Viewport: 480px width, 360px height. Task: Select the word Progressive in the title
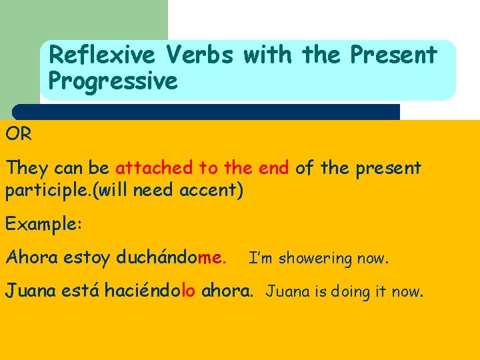(113, 81)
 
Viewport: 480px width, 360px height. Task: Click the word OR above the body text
(19, 134)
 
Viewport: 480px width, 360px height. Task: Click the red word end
(273, 168)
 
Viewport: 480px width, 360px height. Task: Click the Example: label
(43, 224)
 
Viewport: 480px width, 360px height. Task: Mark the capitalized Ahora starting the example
(32, 257)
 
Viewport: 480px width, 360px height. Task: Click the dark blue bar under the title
(206, 111)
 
